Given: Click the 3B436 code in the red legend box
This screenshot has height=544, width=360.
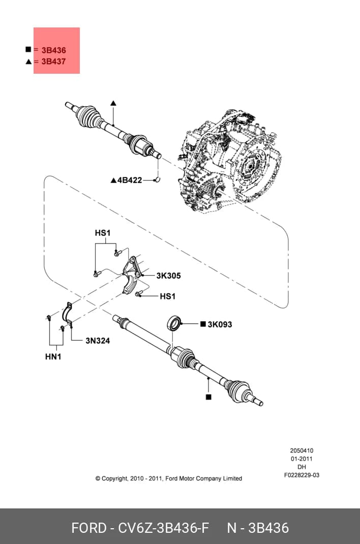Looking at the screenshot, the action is pos(53,50).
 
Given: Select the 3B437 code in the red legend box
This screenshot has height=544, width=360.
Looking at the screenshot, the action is pos(53,62).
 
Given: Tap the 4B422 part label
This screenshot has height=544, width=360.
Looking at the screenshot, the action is pos(130,180).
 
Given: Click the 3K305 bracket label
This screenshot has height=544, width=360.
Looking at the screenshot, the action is pos(168,276).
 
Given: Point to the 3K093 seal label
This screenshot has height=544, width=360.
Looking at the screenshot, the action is pos(220,324).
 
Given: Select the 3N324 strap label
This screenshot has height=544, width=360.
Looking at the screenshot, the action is pos(98,341).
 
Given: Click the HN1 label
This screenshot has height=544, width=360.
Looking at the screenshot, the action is pos(53,356).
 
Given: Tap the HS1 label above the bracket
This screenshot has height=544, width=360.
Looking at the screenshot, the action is pos(103,233).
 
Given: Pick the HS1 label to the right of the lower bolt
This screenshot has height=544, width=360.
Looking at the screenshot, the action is pos(167,296).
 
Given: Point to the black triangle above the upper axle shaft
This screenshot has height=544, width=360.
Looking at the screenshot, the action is pos(113,103).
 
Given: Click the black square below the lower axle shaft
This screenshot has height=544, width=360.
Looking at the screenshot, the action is pos(208,397).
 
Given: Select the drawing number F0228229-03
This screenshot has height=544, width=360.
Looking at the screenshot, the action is pos(302,475).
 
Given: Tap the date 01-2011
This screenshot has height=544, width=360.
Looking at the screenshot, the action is pos(302,459).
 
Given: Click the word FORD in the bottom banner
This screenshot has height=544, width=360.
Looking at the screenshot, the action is pos(89,528).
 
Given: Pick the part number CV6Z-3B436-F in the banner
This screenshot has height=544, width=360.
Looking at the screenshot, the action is pos(164,528).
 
